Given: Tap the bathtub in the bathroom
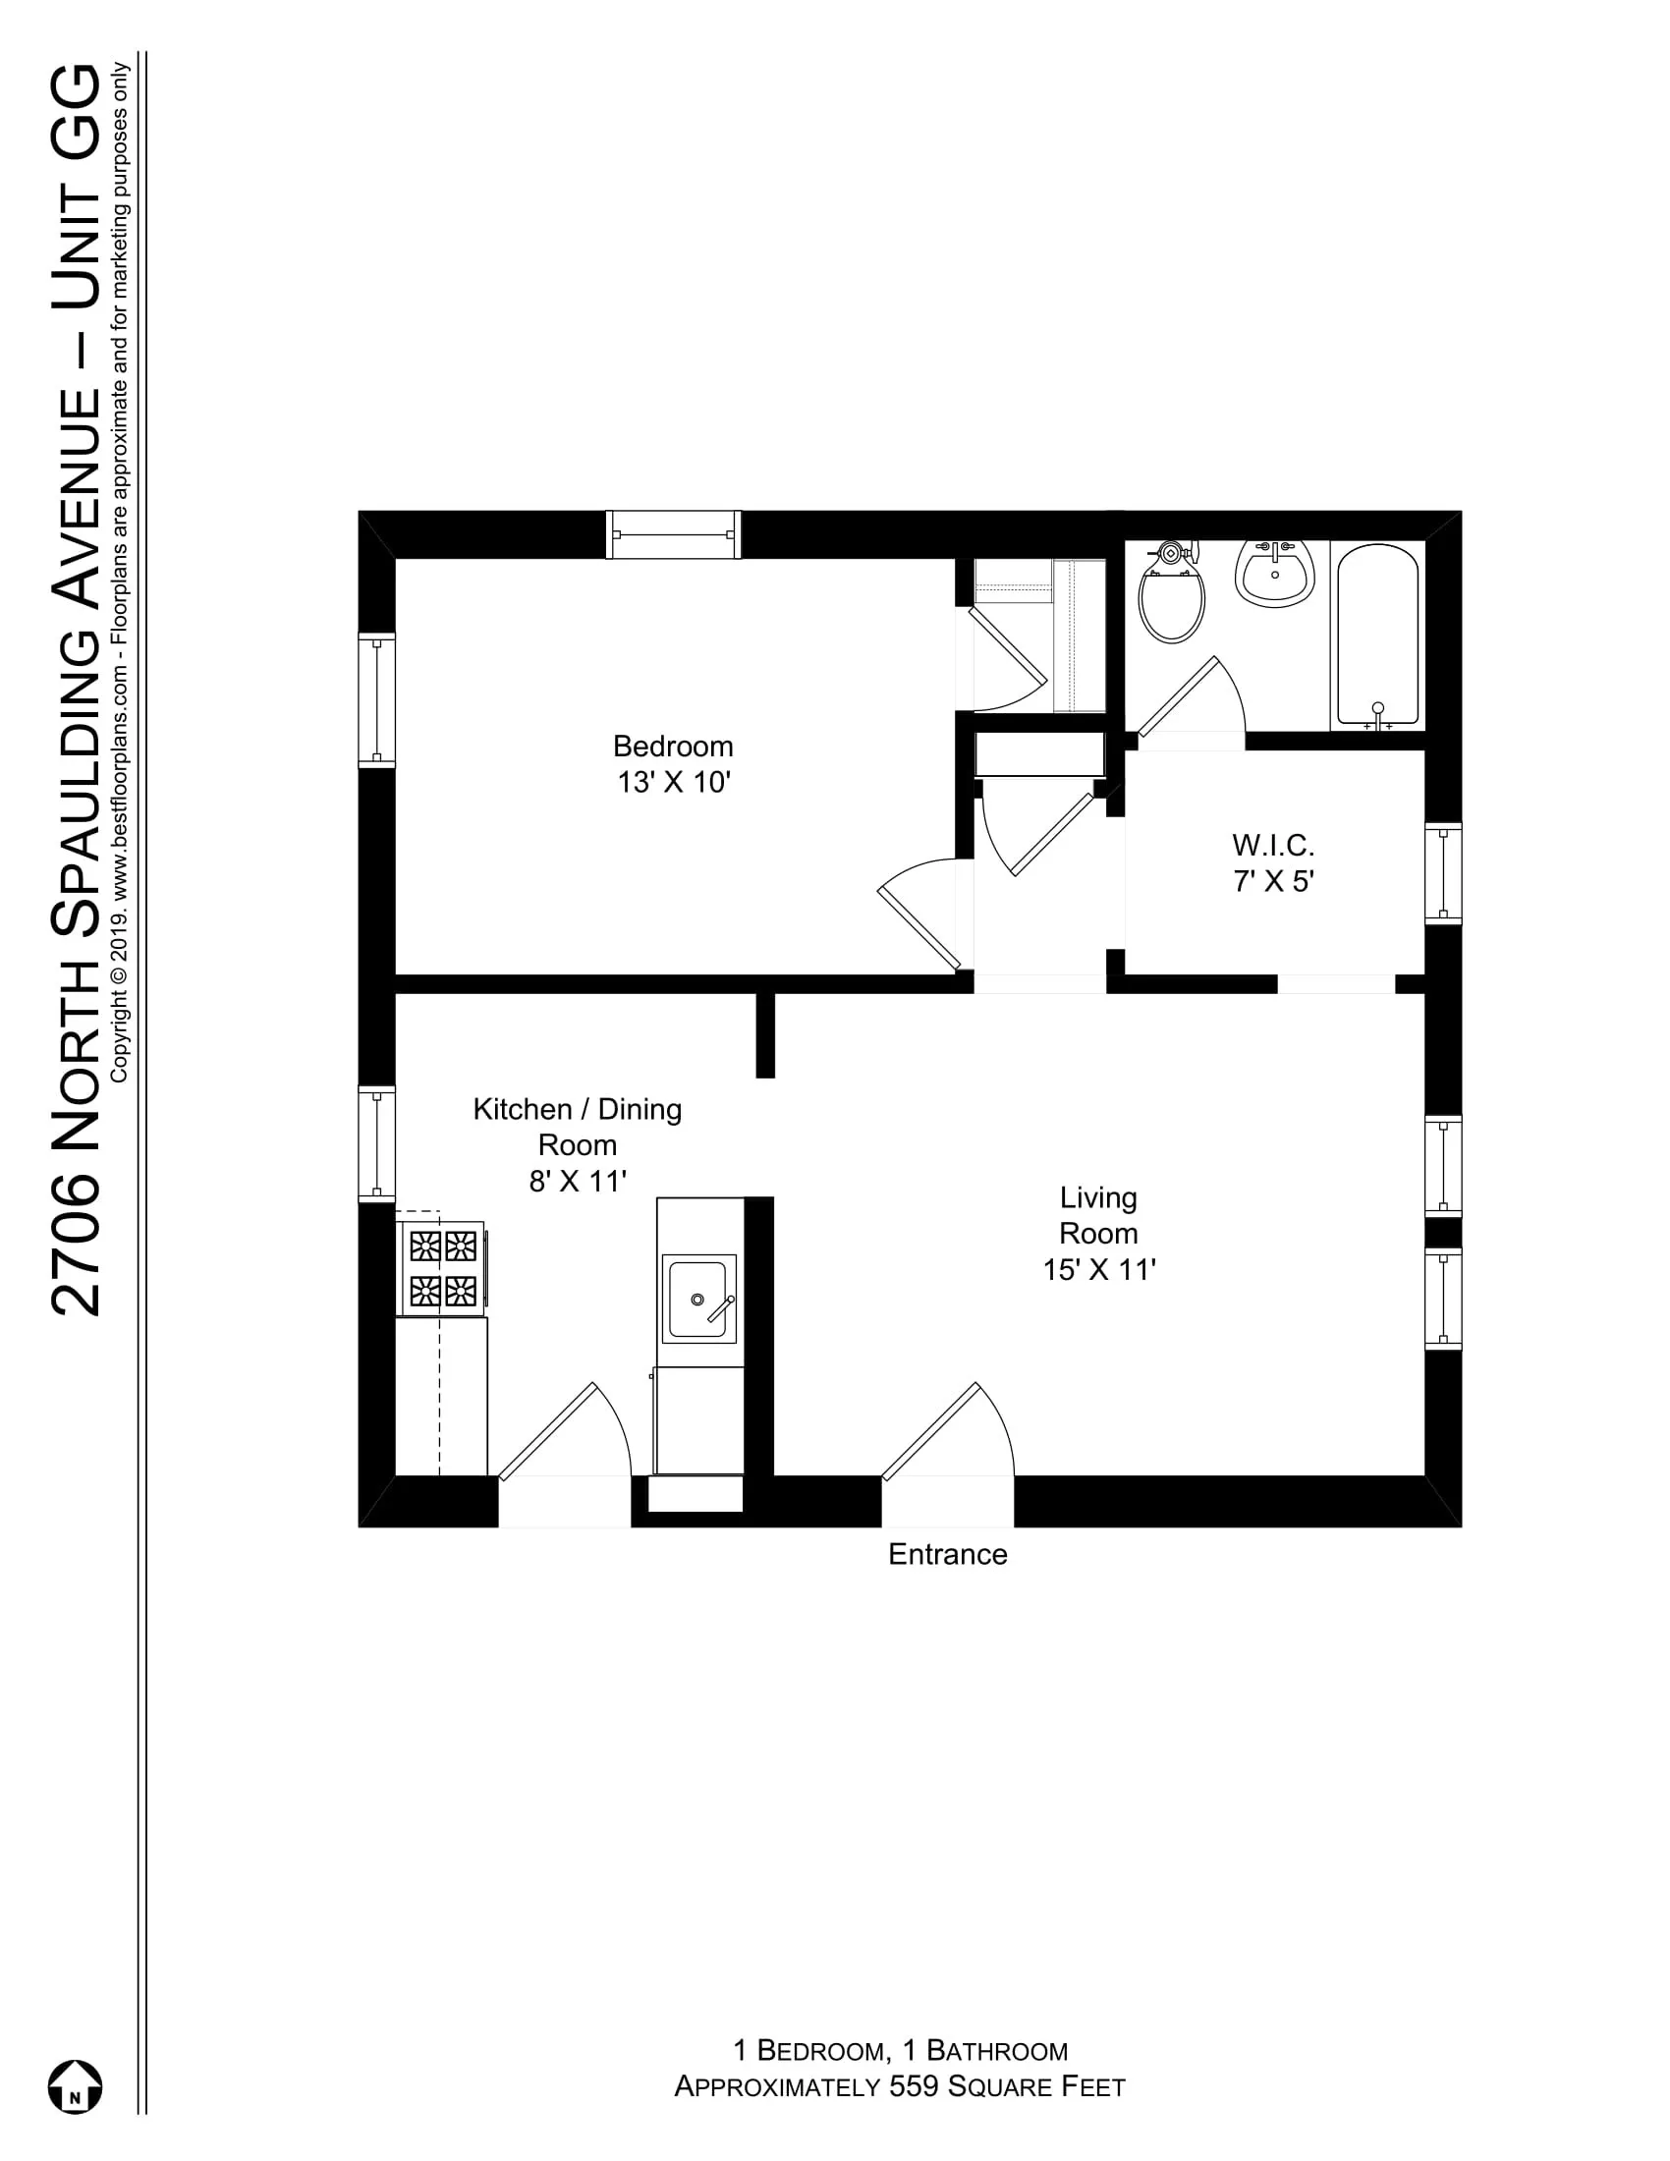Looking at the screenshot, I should (x=1378, y=635).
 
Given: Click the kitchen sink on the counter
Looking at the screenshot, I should (x=698, y=1299).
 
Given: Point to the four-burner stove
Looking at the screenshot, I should (x=442, y=1268).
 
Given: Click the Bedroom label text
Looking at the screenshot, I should (x=673, y=747).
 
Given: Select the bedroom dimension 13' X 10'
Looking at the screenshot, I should (x=673, y=783).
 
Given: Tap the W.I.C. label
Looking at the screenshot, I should (x=1272, y=845).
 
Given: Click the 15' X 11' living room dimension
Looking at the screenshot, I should (x=1099, y=1270).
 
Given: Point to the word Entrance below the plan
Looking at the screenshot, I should (x=947, y=1555).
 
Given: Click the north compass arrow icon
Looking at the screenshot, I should (x=76, y=2087).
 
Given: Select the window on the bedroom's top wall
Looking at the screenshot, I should (x=673, y=534).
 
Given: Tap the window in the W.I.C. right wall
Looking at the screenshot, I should (x=1442, y=873).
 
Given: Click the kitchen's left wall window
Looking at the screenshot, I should (x=376, y=1143).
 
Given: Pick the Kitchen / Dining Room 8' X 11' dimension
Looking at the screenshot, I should (x=578, y=1182).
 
